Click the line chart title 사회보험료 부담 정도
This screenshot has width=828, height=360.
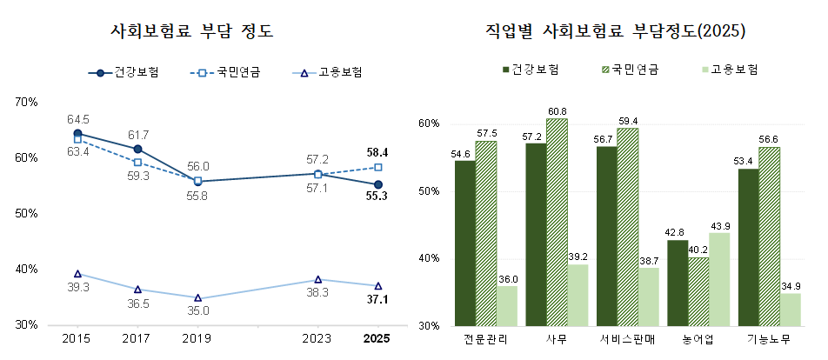tap(192, 32)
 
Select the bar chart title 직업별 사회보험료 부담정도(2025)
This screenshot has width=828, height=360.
tap(615, 32)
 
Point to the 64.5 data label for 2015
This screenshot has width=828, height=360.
tap(77, 119)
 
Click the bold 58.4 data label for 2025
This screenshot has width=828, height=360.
tap(377, 151)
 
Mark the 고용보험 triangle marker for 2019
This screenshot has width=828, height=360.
tap(197, 298)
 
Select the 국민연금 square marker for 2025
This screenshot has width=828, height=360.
tap(377, 167)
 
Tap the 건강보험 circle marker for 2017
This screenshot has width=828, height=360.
tap(137, 150)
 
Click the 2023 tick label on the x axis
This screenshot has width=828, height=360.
tap(317, 338)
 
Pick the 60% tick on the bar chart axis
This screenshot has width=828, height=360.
tap(430, 123)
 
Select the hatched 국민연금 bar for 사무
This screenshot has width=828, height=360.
tap(557, 222)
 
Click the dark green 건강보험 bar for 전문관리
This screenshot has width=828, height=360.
tap(464, 243)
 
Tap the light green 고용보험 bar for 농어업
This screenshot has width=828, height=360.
tap(719, 279)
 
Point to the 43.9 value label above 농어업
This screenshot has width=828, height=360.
tap(719, 226)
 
